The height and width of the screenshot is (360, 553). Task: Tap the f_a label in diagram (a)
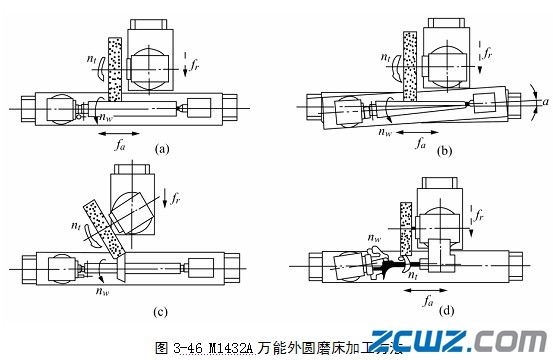click(121, 145)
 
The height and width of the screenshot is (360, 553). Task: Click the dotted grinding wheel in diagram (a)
click(115, 69)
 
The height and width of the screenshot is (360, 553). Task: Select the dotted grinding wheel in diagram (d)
click(405, 223)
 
